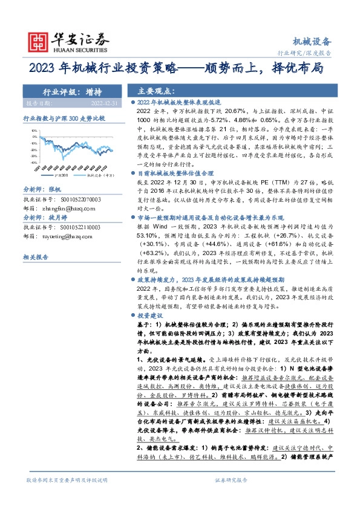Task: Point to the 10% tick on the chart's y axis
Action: coord(34,129)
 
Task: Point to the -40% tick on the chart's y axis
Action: coord(34,162)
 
